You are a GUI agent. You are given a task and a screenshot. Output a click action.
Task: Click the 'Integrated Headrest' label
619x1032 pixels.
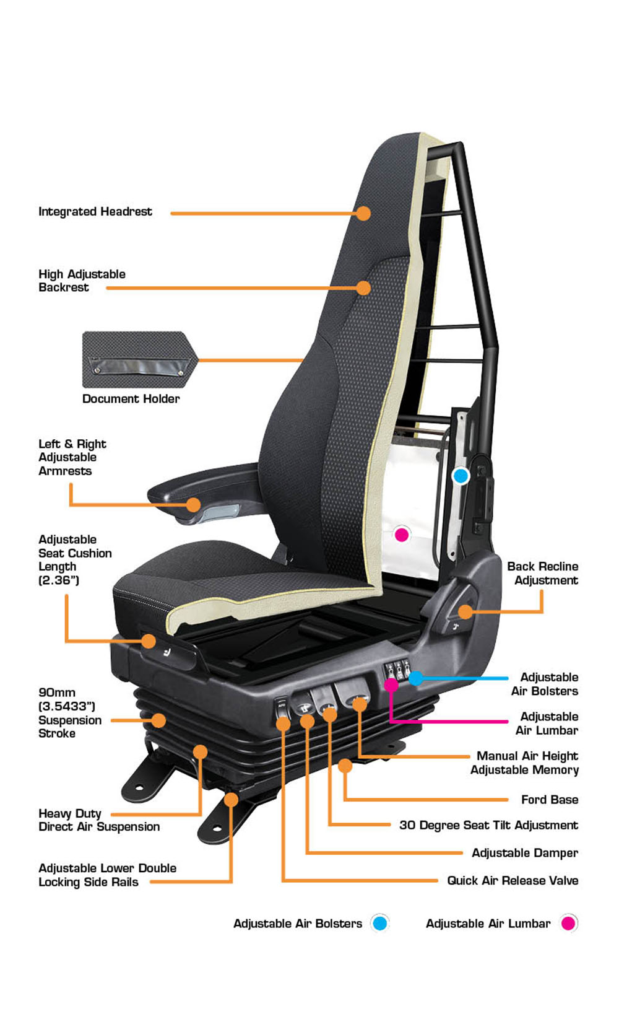coord(95,211)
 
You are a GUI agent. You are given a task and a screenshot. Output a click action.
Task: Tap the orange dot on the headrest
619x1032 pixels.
coord(363,213)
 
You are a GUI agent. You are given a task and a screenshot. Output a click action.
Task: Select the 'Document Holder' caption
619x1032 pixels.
coord(131,398)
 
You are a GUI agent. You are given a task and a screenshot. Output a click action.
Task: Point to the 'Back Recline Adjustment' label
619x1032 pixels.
coord(543,573)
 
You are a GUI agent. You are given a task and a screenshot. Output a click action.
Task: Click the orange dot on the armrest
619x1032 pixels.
coord(194,504)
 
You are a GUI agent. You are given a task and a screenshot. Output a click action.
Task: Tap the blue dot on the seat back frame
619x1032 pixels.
coord(461,476)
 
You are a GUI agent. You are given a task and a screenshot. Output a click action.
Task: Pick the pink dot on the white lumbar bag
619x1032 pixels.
coord(402,535)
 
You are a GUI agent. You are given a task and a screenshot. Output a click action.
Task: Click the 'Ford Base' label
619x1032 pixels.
coord(550,799)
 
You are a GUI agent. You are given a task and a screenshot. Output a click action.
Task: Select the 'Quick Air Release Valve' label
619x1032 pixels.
coord(513,880)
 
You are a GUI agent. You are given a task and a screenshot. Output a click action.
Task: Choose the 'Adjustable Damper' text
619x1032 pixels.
coord(525,853)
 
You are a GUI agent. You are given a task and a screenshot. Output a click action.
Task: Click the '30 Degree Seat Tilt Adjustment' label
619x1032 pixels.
coord(489,824)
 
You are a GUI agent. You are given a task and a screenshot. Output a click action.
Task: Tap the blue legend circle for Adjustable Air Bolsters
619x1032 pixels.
coord(379,923)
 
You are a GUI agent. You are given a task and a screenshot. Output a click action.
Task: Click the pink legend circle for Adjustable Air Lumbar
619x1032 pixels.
coord(568,923)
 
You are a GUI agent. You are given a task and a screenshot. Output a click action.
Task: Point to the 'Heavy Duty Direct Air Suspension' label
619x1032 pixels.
coord(99,820)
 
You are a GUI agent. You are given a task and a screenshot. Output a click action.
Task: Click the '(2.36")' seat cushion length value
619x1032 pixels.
coord(59,580)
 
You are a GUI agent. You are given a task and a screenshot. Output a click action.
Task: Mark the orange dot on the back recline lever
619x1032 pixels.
coord(465,612)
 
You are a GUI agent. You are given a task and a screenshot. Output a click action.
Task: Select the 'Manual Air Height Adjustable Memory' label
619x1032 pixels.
coord(524,763)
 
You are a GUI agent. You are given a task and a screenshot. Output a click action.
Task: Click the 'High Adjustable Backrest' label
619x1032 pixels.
coord(82,281)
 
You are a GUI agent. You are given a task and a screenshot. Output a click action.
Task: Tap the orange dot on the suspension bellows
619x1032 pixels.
coord(159,720)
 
